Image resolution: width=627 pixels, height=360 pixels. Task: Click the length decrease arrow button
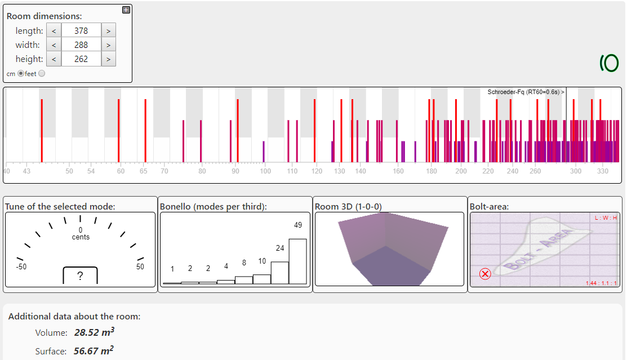coord(54,31)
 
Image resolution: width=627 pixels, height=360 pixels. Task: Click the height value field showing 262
coord(81,59)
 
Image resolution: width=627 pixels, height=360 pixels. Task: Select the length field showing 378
coord(81,31)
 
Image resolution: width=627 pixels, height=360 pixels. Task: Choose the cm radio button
coord(21,73)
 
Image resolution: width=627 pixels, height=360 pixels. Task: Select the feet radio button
coord(42,73)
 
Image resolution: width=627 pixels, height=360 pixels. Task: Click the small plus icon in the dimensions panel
coord(126,10)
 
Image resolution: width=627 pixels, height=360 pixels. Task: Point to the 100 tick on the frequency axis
coord(265,171)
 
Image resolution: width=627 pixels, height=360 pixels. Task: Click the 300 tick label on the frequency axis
coord(576,171)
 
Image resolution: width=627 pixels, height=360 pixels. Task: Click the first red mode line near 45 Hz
coord(42,130)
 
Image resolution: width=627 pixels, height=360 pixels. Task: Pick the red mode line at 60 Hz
coord(118,130)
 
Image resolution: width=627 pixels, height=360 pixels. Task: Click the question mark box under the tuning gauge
coord(80,276)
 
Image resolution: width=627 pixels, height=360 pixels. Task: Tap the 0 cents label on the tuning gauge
coord(81,233)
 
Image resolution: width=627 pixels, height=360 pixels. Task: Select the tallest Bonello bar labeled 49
coord(297,261)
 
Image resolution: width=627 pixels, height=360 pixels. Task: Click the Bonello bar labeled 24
coord(280,273)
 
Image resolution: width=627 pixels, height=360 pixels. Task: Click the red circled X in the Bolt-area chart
coord(485,274)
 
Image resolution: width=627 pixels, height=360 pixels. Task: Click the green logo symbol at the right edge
coord(609,63)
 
